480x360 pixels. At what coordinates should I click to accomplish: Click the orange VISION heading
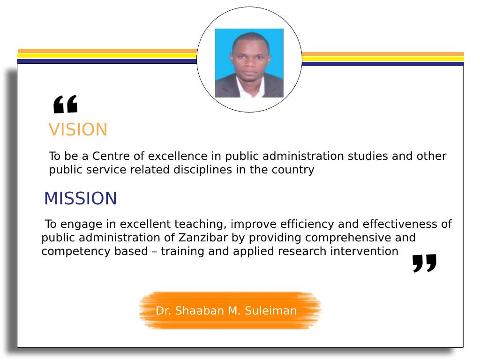click(78, 129)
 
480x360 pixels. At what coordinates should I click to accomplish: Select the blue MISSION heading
click(81, 198)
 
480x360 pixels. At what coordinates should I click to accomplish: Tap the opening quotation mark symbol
click(65, 105)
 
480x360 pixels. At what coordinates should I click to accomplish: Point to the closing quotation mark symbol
click(424, 263)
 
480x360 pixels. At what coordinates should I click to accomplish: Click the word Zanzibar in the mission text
click(203, 238)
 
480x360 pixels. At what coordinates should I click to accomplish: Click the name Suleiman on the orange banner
click(270, 311)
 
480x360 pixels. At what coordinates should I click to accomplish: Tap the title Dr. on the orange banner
click(164, 311)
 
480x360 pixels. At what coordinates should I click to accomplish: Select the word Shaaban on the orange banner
click(200, 311)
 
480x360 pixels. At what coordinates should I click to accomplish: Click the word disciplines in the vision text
click(202, 170)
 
